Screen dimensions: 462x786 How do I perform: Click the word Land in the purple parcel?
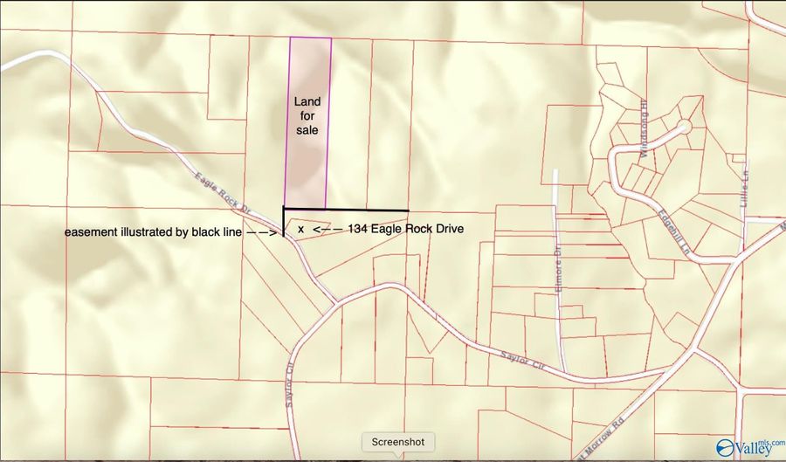[x=307, y=101]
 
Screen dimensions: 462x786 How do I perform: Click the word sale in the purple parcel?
[x=307, y=130]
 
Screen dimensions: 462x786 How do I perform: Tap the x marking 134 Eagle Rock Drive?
[x=300, y=229]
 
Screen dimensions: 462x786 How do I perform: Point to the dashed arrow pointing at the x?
[x=327, y=229]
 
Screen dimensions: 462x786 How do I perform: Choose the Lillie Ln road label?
[x=745, y=183]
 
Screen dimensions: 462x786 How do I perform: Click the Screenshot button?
[x=398, y=442]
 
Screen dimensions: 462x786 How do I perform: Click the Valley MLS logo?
[x=747, y=446]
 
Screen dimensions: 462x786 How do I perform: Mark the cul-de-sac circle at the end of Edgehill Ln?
[x=684, y=128]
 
